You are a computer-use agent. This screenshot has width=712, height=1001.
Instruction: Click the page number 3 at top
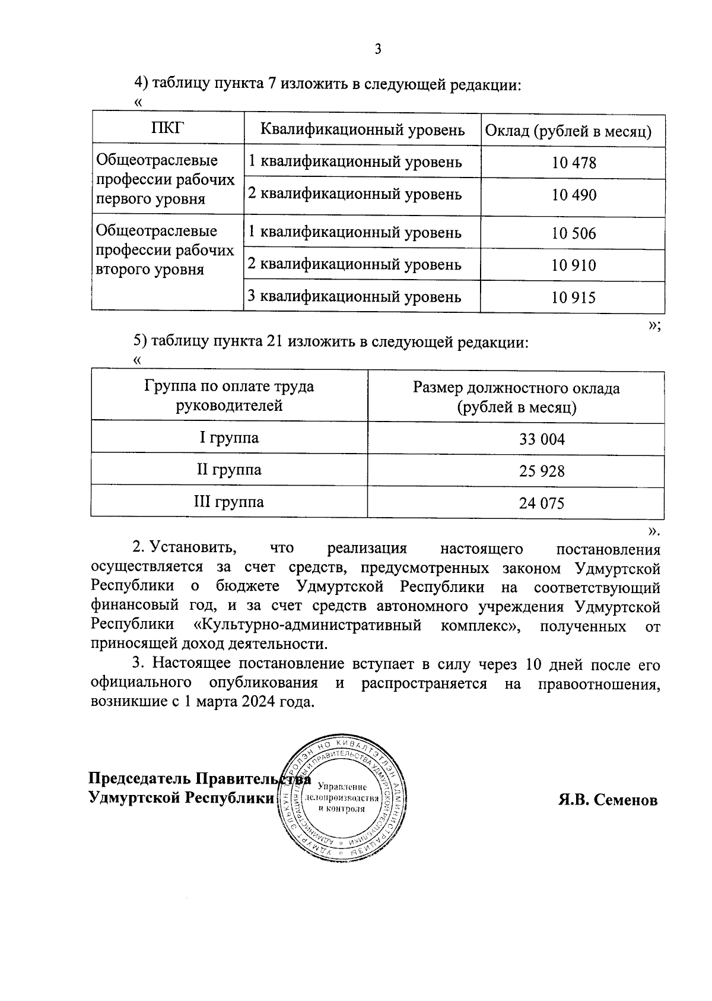pyautogui.click(x=377, y=49)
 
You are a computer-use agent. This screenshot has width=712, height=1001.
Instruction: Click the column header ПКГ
pyautogui.click(x=168, y=128)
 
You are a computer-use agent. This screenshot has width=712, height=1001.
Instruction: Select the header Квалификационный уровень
pyautogui.click(x=363, y=130)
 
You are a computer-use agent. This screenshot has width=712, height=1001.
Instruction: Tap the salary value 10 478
pyautogui.click(x=573, y=163)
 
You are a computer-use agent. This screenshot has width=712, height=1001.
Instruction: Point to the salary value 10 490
pyautogui.click(x=573, y=195)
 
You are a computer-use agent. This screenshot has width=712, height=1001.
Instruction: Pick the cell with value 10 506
pyautogui.click(x=573, y=233)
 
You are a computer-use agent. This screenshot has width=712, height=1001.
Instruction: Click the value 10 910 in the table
pyautogui.click(x=573, y=265)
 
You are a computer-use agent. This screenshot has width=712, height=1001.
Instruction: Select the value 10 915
pyautogui.click(x=573, y=297)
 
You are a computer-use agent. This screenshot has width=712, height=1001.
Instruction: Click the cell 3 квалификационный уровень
pyautogui.click(x=354, y=296)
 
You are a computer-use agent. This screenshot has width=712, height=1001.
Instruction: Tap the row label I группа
pyautogui.click(x=229, y=438)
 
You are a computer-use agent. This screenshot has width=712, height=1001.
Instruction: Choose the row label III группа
pyautogui.click(x=229, y=502)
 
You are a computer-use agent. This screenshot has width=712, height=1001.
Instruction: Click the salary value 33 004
pyautogui.click(x=542, y=439)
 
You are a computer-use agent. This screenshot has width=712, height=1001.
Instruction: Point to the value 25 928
pyautogui.click(x=542, y=471)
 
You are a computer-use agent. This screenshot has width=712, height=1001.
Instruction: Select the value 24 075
pyautogui.click(x=542, y=503)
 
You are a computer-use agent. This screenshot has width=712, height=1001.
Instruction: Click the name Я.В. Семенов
pyautogui.click(x=608, y=800)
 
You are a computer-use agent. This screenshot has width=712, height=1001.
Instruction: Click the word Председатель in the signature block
pyautogui.click(x=140, y=778)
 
